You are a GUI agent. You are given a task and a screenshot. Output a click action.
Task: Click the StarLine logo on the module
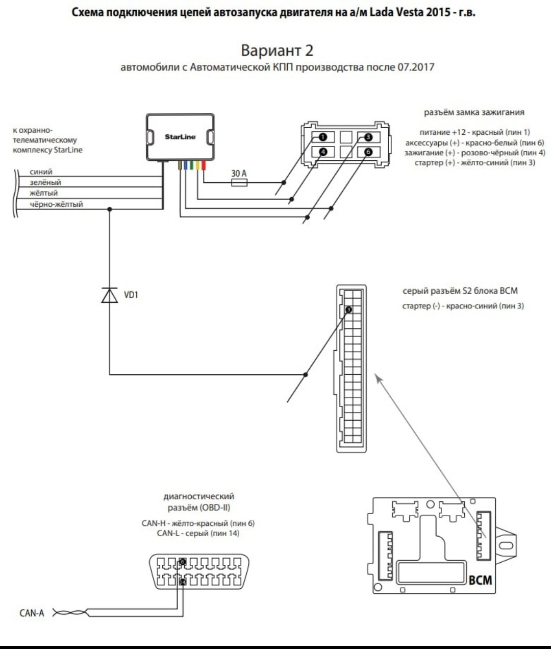(x=180, y=137)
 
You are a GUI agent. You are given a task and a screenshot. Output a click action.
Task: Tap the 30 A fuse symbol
(x=239, y=182)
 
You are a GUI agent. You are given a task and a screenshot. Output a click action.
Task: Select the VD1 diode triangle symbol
(x=110, y=295)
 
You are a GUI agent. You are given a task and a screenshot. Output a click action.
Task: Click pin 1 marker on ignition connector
(x=323, y=137)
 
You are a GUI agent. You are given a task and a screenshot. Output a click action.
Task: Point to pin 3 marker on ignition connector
(x=368, y=137)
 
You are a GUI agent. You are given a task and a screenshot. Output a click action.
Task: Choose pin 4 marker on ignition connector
(x=323, y=152)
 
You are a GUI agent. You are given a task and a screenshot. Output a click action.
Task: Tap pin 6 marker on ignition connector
(x=368, y=152)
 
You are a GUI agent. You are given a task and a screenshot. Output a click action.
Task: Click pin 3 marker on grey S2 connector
(x=348, y=310)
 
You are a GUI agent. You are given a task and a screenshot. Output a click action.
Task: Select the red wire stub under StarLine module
(x=204, y=165)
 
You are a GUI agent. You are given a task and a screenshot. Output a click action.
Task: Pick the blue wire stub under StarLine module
(x=185, y=165)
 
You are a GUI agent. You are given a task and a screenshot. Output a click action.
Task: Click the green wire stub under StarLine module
(x=191, y=165)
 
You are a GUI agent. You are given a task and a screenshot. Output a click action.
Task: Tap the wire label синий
(x=41, y=172)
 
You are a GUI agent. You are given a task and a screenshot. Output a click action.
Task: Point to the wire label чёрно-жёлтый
(x=57, y=204)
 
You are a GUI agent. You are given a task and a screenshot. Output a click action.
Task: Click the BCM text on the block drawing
(x=481, y=580)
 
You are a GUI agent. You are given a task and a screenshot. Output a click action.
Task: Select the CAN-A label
(x=32, y=613)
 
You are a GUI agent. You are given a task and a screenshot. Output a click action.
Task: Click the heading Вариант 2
(x=277, y=50)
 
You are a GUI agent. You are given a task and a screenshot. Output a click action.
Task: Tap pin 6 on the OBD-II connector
(x=183, y=562)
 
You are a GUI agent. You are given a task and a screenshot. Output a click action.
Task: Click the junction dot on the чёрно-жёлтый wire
(x=110, y=209)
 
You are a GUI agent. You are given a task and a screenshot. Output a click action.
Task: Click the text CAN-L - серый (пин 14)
(x=198, y=533)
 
